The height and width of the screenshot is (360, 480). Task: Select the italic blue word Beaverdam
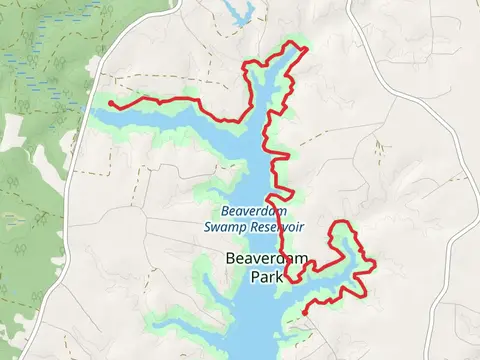click(x=254, y=211)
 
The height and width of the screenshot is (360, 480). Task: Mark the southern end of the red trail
click(x=302, y=313)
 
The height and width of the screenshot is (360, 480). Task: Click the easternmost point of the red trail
click(x=374, y=265)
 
